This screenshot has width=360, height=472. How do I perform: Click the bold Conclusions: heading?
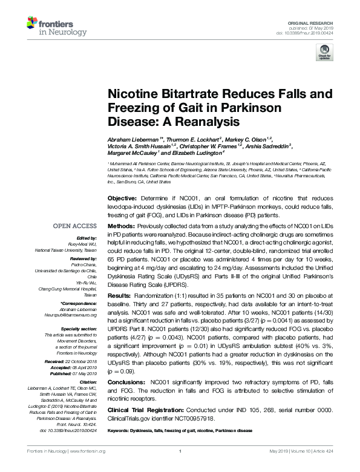coord(126,382)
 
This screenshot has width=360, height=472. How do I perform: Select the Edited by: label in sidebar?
coord(86,238)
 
